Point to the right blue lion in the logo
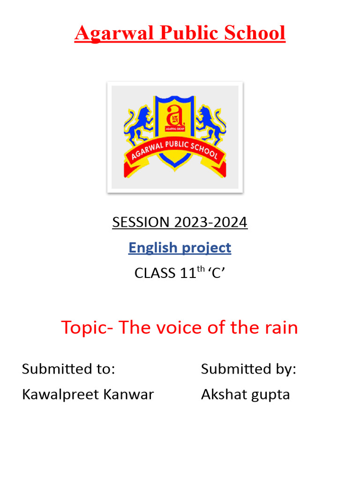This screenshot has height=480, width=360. click(210, 124)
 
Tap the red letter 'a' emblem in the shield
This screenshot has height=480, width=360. click(174, 115)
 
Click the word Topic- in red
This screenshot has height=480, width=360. click(87, 328)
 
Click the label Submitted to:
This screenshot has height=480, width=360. click(68, 369)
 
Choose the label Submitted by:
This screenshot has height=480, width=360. click(248, 369)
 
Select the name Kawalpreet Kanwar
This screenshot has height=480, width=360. click(88, 394)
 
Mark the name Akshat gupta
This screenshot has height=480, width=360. click(245, 395)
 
